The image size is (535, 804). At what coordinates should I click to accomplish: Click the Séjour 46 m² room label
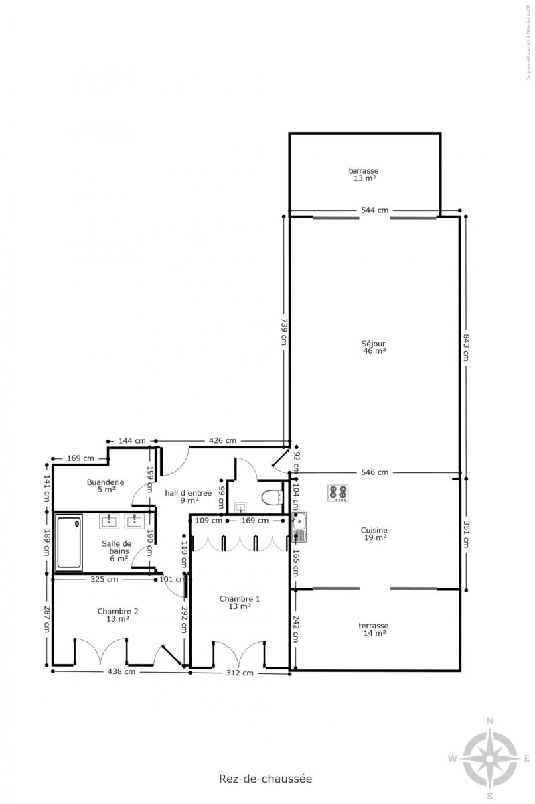[x=374, y=346]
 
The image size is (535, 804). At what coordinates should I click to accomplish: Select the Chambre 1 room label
[x=240, y=602]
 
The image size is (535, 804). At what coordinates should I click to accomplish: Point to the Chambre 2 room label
[x=118, y=614]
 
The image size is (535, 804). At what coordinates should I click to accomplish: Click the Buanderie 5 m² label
[x=105, y=485]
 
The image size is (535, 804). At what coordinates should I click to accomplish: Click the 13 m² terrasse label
[x=364, y=174]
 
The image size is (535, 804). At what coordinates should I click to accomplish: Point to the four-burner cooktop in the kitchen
[x=339, y=494]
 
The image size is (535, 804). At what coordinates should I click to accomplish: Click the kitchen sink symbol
[x=299, y=527]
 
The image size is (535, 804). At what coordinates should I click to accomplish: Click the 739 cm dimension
[x=283, y=330]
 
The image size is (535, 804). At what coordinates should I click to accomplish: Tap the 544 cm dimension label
[x=374, y=210]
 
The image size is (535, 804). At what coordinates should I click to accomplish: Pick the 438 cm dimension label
[x=122, y=671]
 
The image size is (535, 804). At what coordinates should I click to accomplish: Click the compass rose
[x=490, y=758]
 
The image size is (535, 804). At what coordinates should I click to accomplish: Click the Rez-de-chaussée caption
[x=265, y=779]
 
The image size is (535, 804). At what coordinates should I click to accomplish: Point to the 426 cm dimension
[x=222, y=440]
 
